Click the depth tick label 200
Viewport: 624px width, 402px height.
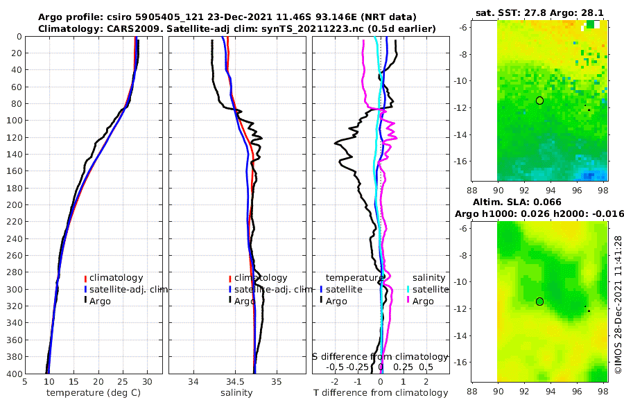coord(13,205)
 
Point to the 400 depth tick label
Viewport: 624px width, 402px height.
coord(13,374)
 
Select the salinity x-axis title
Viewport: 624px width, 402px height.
coord(236,393)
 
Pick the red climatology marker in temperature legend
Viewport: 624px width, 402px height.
coord(85,278)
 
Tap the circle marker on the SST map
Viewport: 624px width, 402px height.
coord(539,101)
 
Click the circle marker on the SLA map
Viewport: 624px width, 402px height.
coord(539,301)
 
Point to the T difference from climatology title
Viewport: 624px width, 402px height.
coord(380,393)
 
